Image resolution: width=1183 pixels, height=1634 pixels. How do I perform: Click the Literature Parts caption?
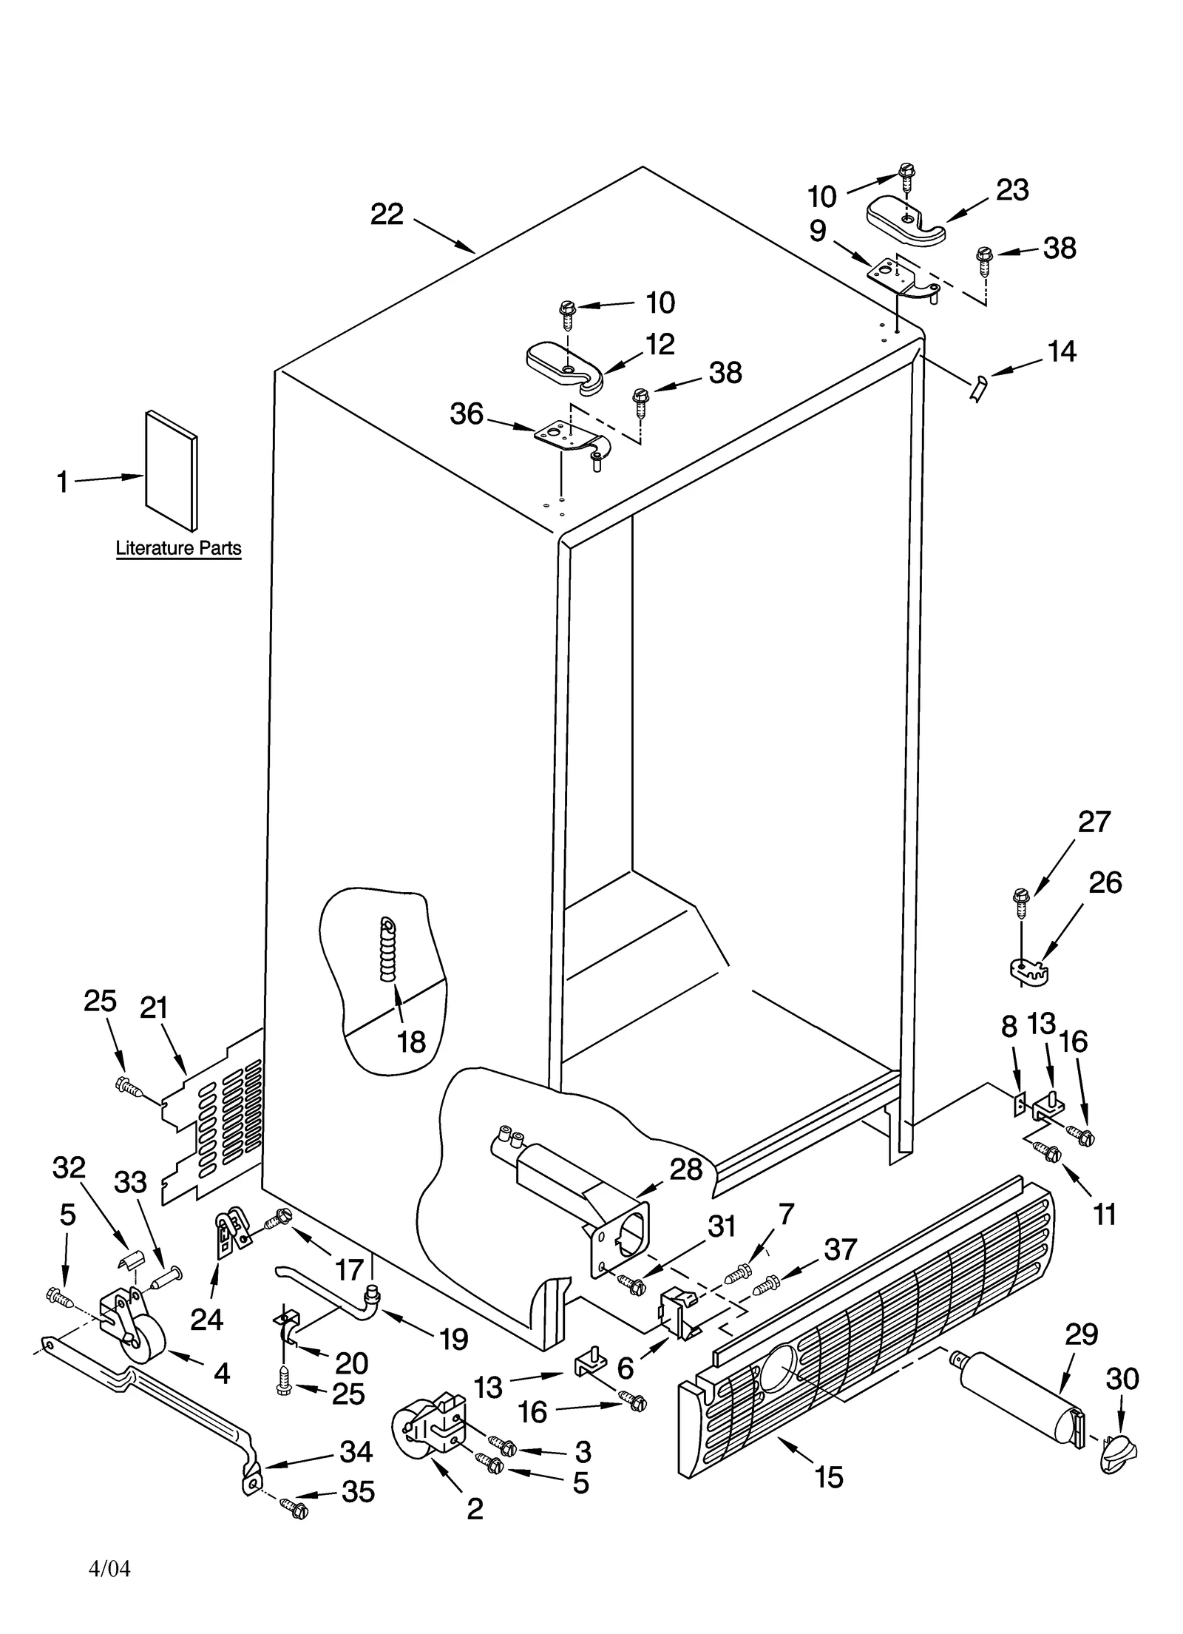(x=178, y=548)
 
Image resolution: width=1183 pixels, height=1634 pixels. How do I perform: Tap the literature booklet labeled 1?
(x=172, y=471)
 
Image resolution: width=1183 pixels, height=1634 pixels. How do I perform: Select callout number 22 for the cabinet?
(x=387, y=215)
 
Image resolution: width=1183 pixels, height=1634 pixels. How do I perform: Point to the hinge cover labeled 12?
(x=566, y=365)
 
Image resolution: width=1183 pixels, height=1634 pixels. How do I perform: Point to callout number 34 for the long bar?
(x=355, y=1452)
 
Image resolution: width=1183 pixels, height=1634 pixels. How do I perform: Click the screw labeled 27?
(x=1020, y=900)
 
